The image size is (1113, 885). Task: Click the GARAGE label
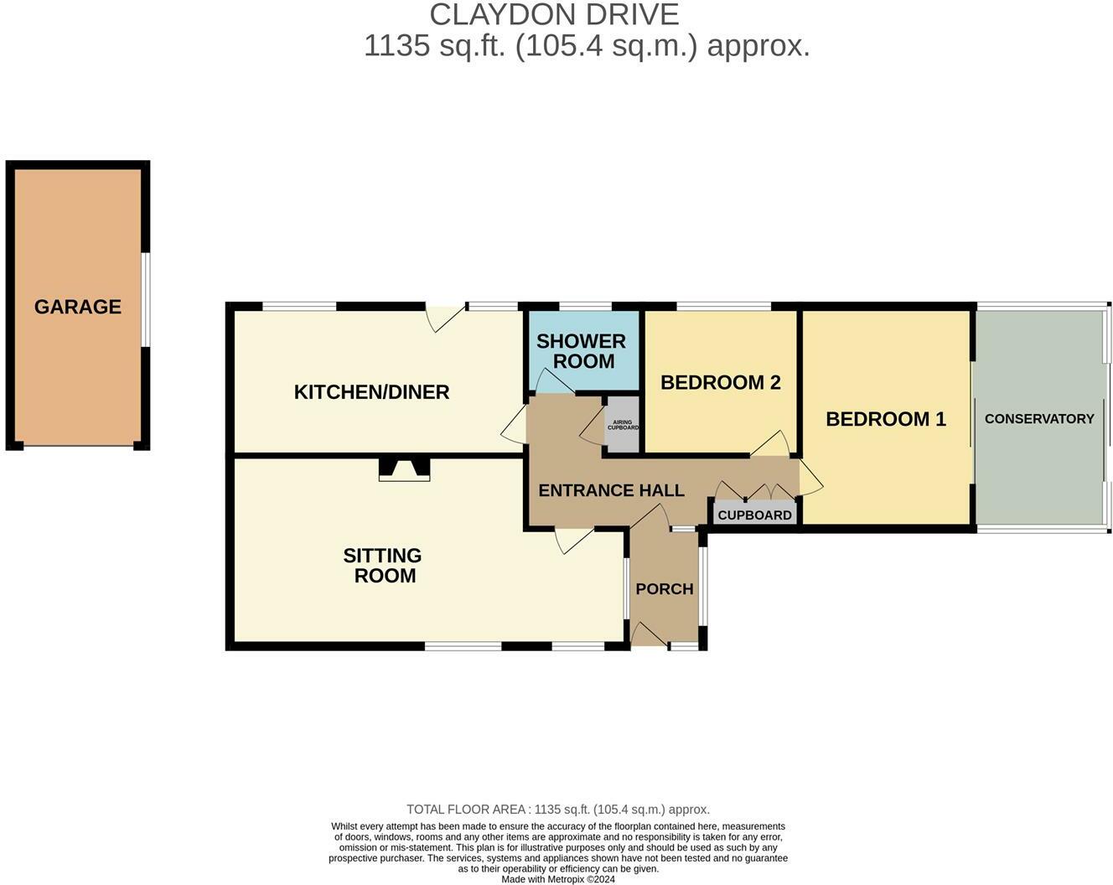(78, 307)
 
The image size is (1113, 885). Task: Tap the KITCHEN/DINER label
(371, 391)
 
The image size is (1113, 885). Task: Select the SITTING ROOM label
(382, 566)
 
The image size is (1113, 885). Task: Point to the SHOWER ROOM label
(582, 351)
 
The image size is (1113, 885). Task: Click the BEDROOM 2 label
(720, 382)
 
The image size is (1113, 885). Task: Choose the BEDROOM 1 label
(886, 419)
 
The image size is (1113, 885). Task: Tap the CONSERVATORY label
(1039, 418)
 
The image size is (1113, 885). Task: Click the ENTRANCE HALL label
(611, 490)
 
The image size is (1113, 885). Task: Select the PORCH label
(664, 588)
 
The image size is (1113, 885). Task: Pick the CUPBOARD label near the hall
(754, 515)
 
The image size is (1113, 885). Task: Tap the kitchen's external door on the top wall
(445, 316)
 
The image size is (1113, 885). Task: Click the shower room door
(553, 383)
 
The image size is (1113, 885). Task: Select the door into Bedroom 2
(770, 444)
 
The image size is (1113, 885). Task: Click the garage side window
(145, 299)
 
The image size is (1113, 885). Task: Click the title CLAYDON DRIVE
(554, 14)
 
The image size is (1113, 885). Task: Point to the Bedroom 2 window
(723, 306)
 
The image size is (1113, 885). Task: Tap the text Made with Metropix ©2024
(558, 879)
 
